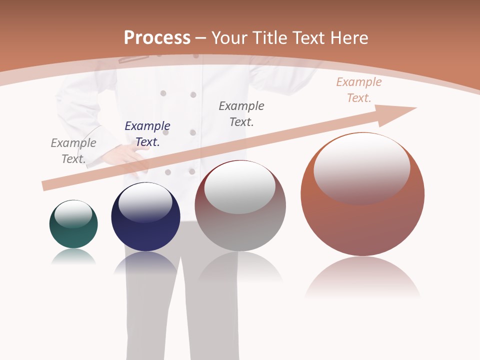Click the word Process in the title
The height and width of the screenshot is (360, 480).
click(x=157, y=38)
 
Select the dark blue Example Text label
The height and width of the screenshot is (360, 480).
click(x=147, y=134)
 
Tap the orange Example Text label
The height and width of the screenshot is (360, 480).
click(x=359, y=90)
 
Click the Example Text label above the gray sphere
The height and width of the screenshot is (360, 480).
click(x=241, y=113)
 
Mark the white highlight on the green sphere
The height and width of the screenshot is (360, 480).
click(x=73, y=214)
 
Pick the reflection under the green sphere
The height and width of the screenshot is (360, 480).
click(x=73, y=256)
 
